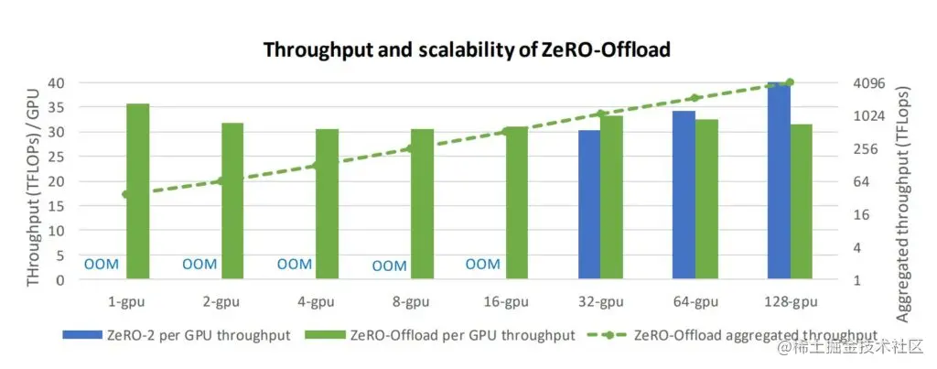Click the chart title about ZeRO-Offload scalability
coord(467,50)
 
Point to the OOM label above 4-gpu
coord(295,264)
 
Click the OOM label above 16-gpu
coord(483,264)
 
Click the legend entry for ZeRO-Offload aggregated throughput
coord(754,335)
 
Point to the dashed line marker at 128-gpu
coord(790,82)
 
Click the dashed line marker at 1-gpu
coord(126,194)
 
